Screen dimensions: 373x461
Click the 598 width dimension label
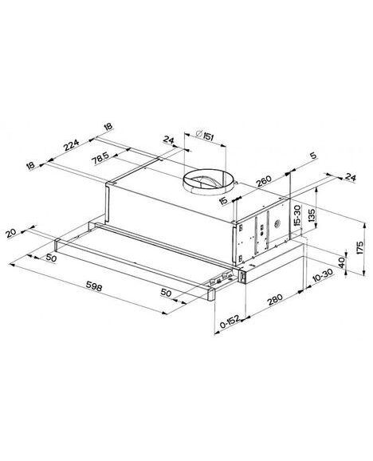(94, 286)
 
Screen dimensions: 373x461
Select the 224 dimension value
(72, 144)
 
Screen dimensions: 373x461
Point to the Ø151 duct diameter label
(204, 136)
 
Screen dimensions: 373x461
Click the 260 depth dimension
(264, 182)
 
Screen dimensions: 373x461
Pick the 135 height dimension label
(312, 215)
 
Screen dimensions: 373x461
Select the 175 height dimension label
(360, 248)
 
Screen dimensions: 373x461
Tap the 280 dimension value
(275, 299)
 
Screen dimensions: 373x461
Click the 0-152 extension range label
(230, 322)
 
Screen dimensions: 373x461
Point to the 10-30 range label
(323, 275)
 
